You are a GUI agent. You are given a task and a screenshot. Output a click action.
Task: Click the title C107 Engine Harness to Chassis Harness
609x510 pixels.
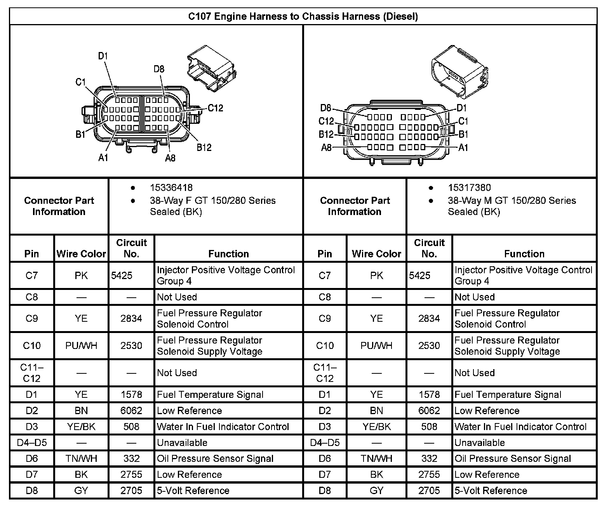click(x=303, y=16)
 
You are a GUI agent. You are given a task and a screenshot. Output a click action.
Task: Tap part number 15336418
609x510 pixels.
click(x=171, y=188)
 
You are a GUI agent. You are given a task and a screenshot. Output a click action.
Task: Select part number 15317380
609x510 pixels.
click(x=469, y=188)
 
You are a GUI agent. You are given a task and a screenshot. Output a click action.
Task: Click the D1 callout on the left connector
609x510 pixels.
click(x=103, y=56)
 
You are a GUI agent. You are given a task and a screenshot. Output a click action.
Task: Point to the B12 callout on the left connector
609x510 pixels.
click(x=204, y=147)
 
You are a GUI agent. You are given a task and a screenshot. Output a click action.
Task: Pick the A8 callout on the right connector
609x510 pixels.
click(x=326, y=147)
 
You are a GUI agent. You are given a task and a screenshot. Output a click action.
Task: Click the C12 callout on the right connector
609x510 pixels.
click(x=326, y=121)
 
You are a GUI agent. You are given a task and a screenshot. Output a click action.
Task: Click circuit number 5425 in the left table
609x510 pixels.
click(x=122, y=276)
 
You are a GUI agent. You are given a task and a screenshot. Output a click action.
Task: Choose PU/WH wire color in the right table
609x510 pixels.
click(x=376, y=345)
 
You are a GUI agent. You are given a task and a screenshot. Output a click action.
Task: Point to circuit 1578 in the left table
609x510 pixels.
click(x=131, y=395)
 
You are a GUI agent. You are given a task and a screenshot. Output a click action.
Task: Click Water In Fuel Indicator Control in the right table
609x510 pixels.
click(x=520, y=427)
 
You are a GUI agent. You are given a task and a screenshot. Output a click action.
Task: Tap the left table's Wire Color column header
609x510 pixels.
click(x=81, y=254)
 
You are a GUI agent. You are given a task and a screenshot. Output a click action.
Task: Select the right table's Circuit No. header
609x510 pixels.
click(x=429, y=248)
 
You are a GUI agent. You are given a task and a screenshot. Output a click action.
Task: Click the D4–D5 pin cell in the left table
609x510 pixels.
click(x=32, y=443)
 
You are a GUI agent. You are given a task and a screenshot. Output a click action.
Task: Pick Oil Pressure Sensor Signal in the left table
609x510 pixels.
click(x=215, y=459)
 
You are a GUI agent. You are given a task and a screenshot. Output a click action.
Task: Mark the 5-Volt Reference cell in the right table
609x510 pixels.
click(x=491, y=491)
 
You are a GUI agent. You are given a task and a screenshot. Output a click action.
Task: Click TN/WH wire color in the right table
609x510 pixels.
click(x=376, y=459)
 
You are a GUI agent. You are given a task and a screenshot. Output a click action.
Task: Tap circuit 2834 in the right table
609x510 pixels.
click(x=429, y=319)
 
